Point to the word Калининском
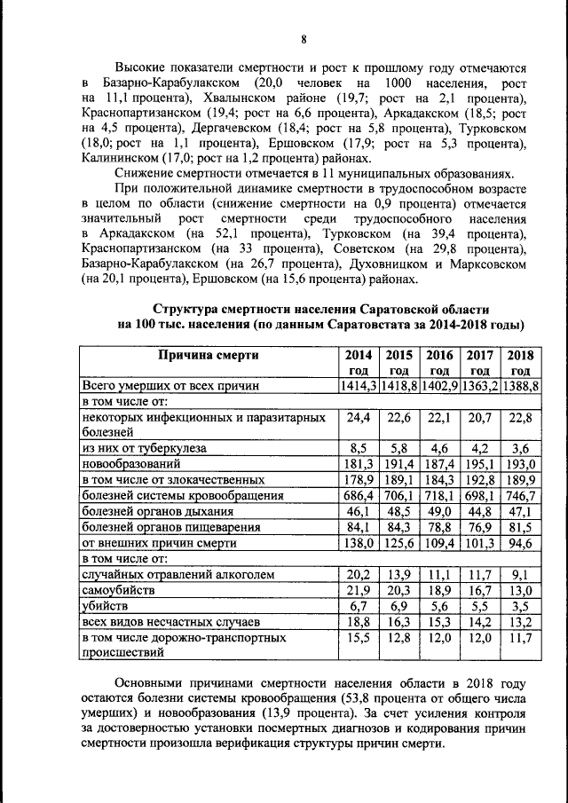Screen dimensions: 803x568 tap(122, 159)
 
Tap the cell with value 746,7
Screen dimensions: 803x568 tap(520, 495)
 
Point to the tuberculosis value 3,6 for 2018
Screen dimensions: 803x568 tap(520, 448)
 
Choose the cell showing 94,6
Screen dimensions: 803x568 tap(520, 542)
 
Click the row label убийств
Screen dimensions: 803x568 tap(106, 605)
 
